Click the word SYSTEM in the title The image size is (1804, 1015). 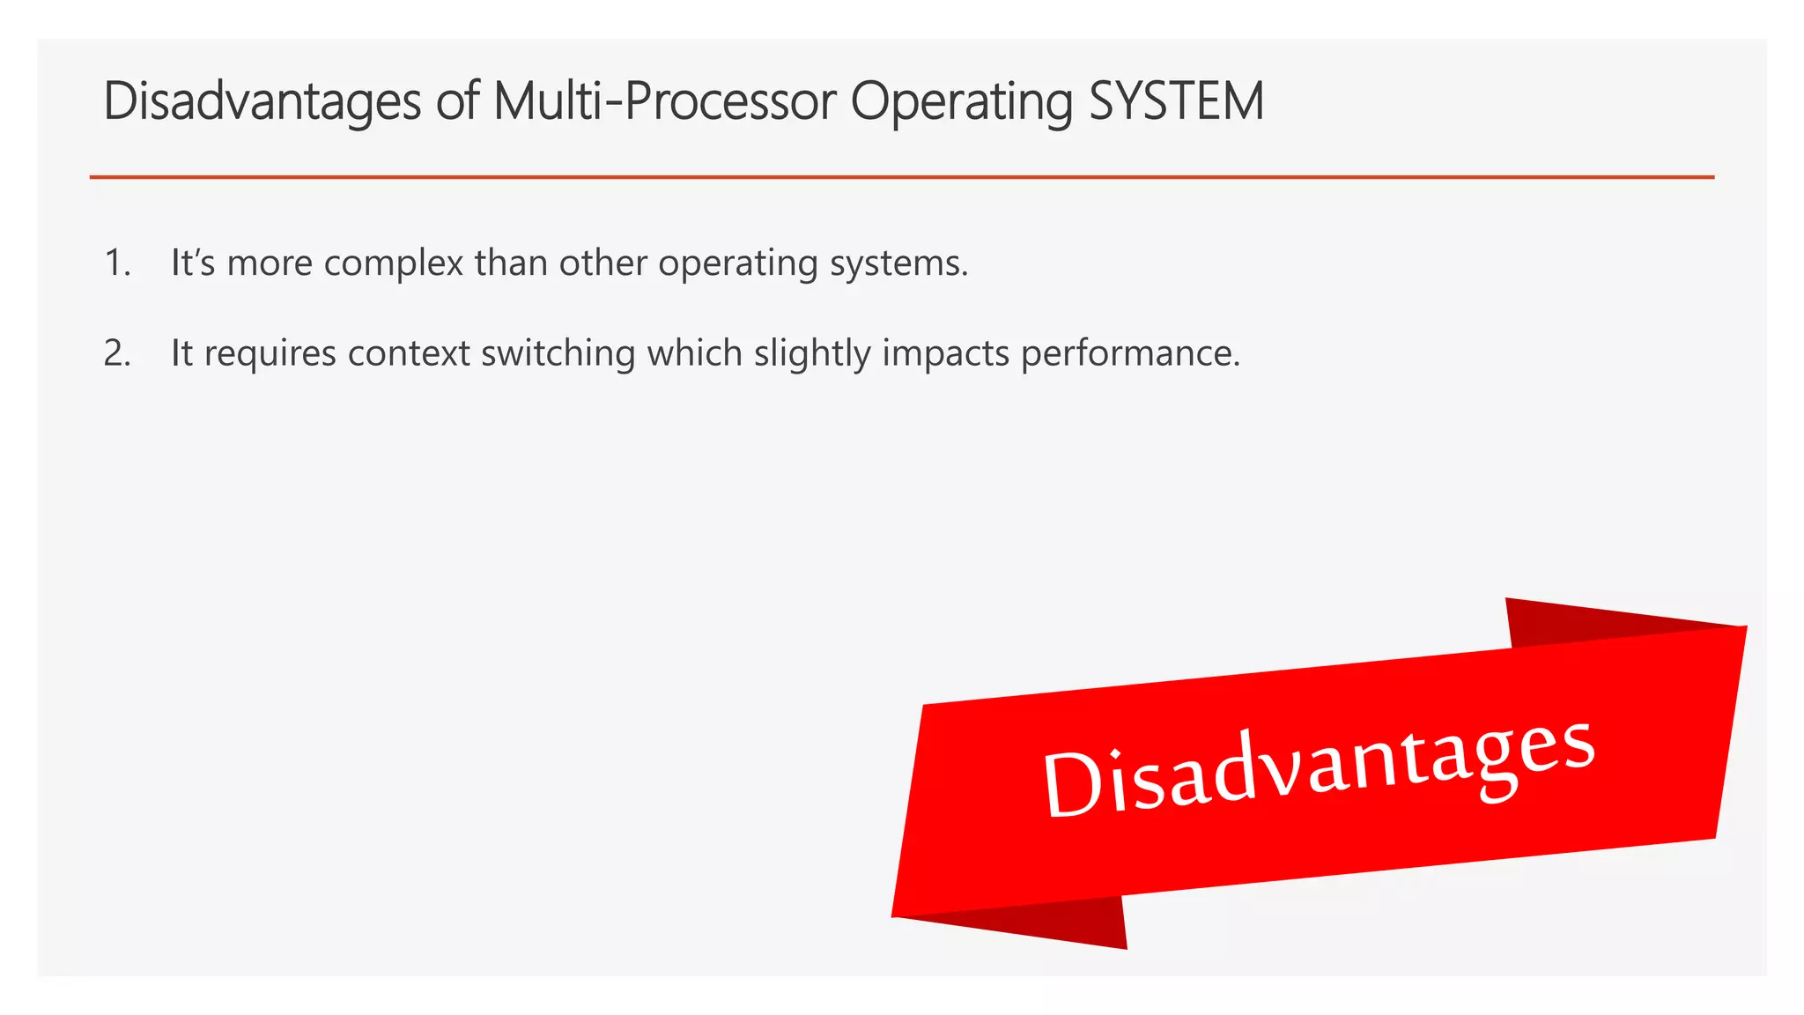click(x=1176, y=100)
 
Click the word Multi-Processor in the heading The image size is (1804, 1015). click(x=664, y=100)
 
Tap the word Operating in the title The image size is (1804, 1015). click(x=961, y=102)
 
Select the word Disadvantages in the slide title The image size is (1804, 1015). click(x=262, y=100)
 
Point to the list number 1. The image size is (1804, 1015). click(x=116, y=263)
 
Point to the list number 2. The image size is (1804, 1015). click(x=116, y=353)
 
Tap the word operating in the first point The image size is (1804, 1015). click(x=737, y=263)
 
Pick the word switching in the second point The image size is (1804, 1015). click(x=558, y=353)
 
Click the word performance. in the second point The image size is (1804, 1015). click(x=1130, y=353)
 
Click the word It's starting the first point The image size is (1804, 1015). click(x=193, y=263)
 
